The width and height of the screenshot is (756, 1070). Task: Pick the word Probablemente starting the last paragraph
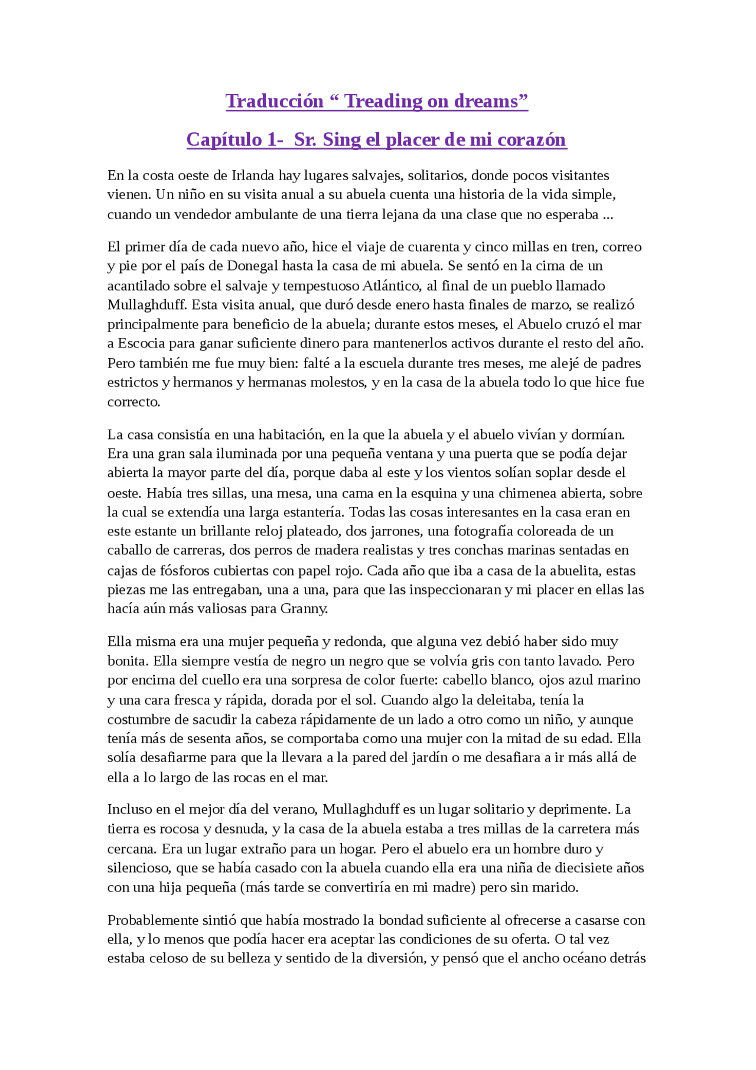click(x=151, y=921)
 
